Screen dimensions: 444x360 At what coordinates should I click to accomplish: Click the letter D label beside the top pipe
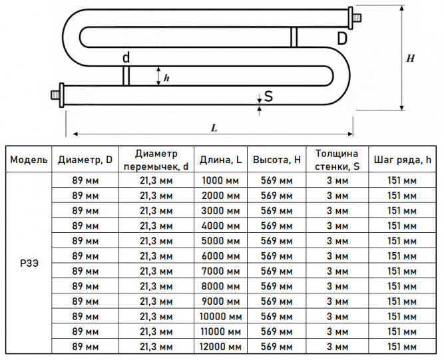point(342,38)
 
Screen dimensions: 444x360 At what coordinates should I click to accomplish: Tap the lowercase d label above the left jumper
point(126,57)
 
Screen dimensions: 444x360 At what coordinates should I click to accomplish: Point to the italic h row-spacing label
point(166,78)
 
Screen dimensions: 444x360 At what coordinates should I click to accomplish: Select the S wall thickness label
point(268,96)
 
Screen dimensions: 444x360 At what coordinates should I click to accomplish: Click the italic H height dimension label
point(410,59)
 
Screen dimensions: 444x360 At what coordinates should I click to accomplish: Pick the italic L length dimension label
point(214,128)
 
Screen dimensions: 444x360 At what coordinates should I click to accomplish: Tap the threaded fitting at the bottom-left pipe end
point(57,94)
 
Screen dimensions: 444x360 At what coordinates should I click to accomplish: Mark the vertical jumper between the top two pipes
point(294,37)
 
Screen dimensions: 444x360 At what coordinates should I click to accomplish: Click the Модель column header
point(29,160)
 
